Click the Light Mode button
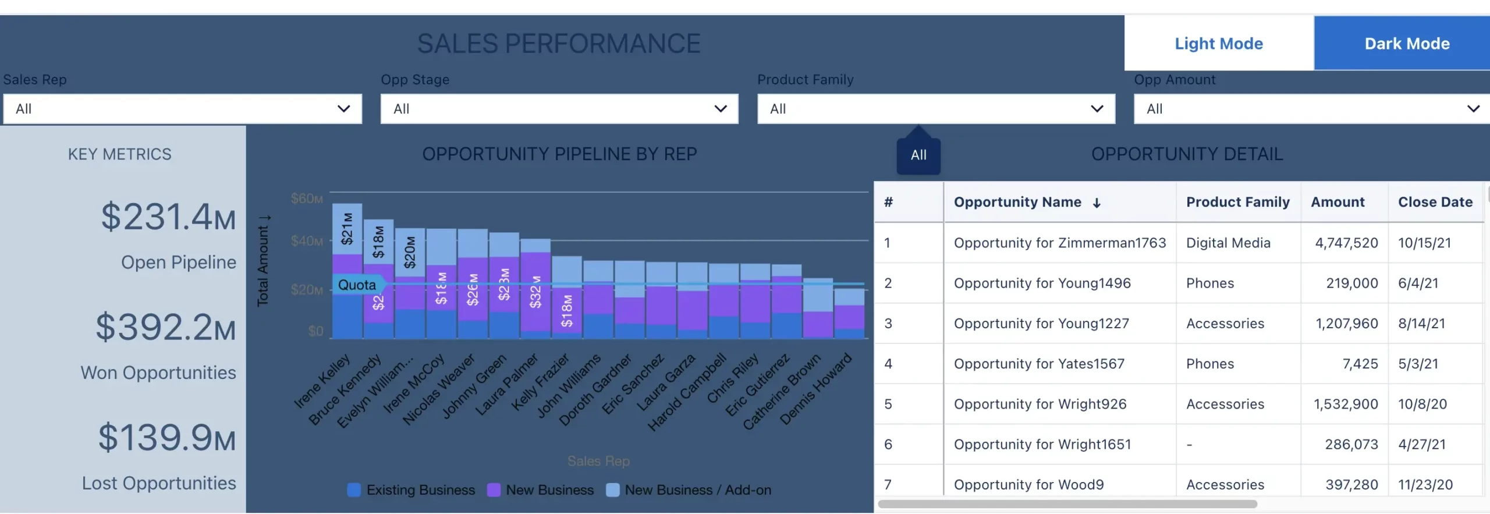point(1218,44)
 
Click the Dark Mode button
point(1407,44)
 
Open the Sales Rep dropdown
point(182,109)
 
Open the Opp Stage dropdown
point(559,109)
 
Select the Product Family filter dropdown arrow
point(1097,109)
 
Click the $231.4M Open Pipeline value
point(168,217)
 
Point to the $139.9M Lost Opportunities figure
point(166,438)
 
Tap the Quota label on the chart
point(357,285)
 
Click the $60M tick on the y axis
point(307,198)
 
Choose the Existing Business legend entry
point(411,490)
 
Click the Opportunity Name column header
point(1017,202)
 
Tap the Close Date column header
point(1435,202)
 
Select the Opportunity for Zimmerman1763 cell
point(1059,243)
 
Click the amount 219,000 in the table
point(1351,283)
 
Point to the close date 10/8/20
point(1422,404)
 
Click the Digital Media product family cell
point(1228,243)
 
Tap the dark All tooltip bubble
point(918,155)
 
